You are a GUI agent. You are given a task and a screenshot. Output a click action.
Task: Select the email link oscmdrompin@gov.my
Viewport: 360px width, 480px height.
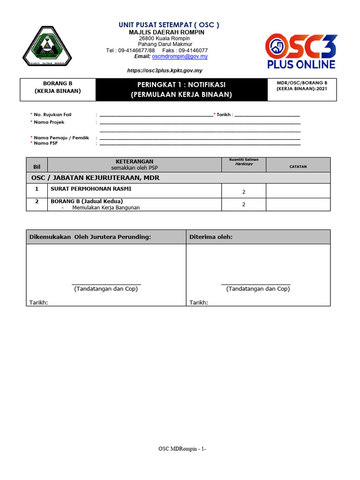[x=180, y=56]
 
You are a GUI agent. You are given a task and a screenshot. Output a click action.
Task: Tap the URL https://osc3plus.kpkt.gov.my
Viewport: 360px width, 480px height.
[x=165, y=70]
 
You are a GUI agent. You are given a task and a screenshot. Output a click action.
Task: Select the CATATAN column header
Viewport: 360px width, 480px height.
[x=298, y=166]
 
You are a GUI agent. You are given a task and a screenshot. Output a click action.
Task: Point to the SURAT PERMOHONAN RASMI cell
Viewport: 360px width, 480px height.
[x=91, y=189]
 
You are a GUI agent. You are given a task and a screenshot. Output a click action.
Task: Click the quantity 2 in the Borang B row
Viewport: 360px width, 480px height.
[x=243, y=204]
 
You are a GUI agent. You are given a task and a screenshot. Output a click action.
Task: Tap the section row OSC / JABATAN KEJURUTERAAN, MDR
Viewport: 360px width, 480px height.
[x=96, y=178]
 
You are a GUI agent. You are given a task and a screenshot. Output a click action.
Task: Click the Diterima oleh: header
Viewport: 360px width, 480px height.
[x=211, y=237]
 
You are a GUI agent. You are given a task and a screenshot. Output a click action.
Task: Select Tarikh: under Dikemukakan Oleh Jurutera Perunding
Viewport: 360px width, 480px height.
[x=38, y=302]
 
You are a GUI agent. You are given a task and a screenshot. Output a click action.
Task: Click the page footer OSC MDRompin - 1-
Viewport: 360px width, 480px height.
[x=182, y=449]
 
